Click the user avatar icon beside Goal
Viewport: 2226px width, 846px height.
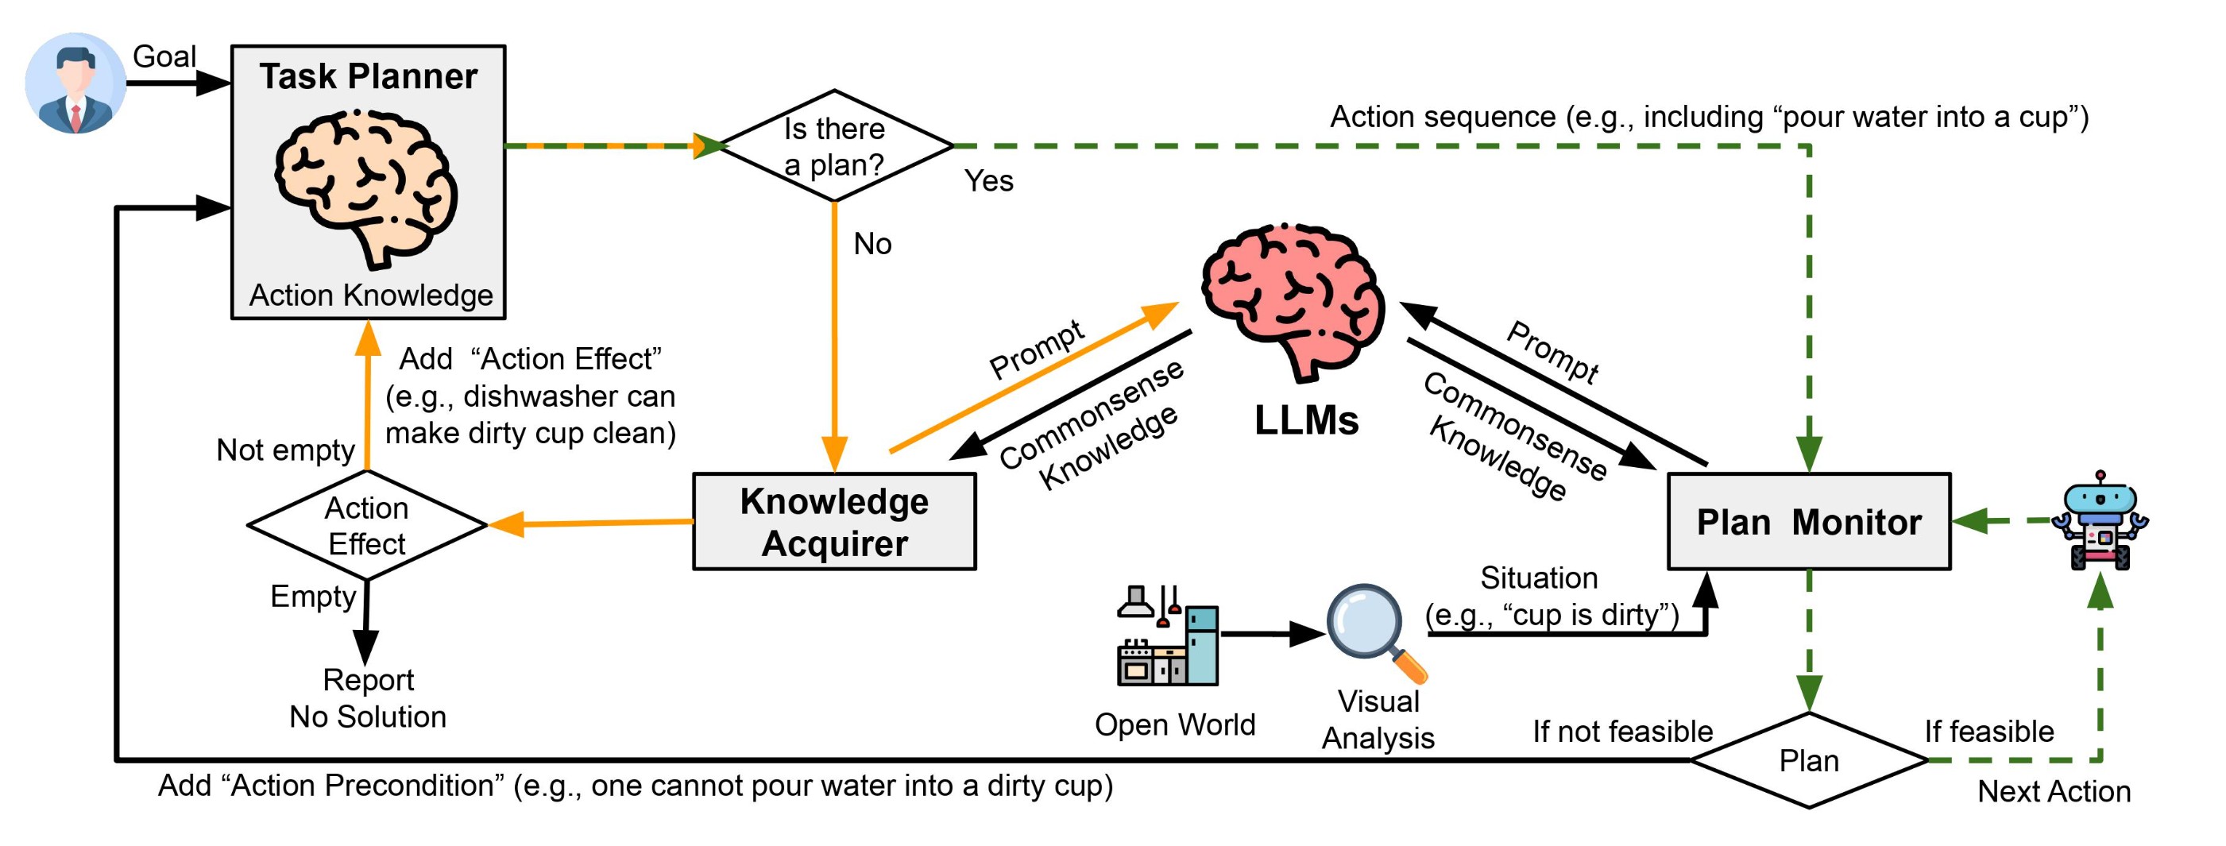pyautogui.click(x=75, y=83)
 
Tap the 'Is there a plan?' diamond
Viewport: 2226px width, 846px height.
pyautogui.click(x=834, y=146)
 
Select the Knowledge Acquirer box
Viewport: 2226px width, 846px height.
pyautogui.click(x=834, y=522)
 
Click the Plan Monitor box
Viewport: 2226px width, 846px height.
pyautogui.click(x=1809, y=522)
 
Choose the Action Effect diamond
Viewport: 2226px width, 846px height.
pyautogui.click(x=366, y=525)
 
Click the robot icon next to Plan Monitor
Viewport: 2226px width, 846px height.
pyautogui.click(x=2100, y=522)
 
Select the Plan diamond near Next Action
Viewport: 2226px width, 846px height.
pyautogui.click(x=1809, y=760)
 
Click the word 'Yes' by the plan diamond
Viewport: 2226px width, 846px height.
pyautogui.click(x=988, y=180)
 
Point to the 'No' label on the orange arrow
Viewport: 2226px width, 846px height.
pyautogui.click(x=872, y=244)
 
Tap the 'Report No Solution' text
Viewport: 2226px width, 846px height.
pyautogui.click(x=367, y=698)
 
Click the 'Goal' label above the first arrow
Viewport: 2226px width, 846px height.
pyautogui.click(x=164, y=56)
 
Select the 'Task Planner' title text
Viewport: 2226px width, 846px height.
pyautogui.click(x=368, y=76)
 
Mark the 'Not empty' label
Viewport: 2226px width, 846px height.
pyautogui.click(x=285, y=450)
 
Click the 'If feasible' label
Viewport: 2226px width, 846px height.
pyautogui.click(x=1988, y=731)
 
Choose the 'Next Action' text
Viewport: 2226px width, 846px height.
pyautogui.click(x=2053, y=790)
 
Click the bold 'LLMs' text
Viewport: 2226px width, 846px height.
pyautogui.click(x=1306, y=421)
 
